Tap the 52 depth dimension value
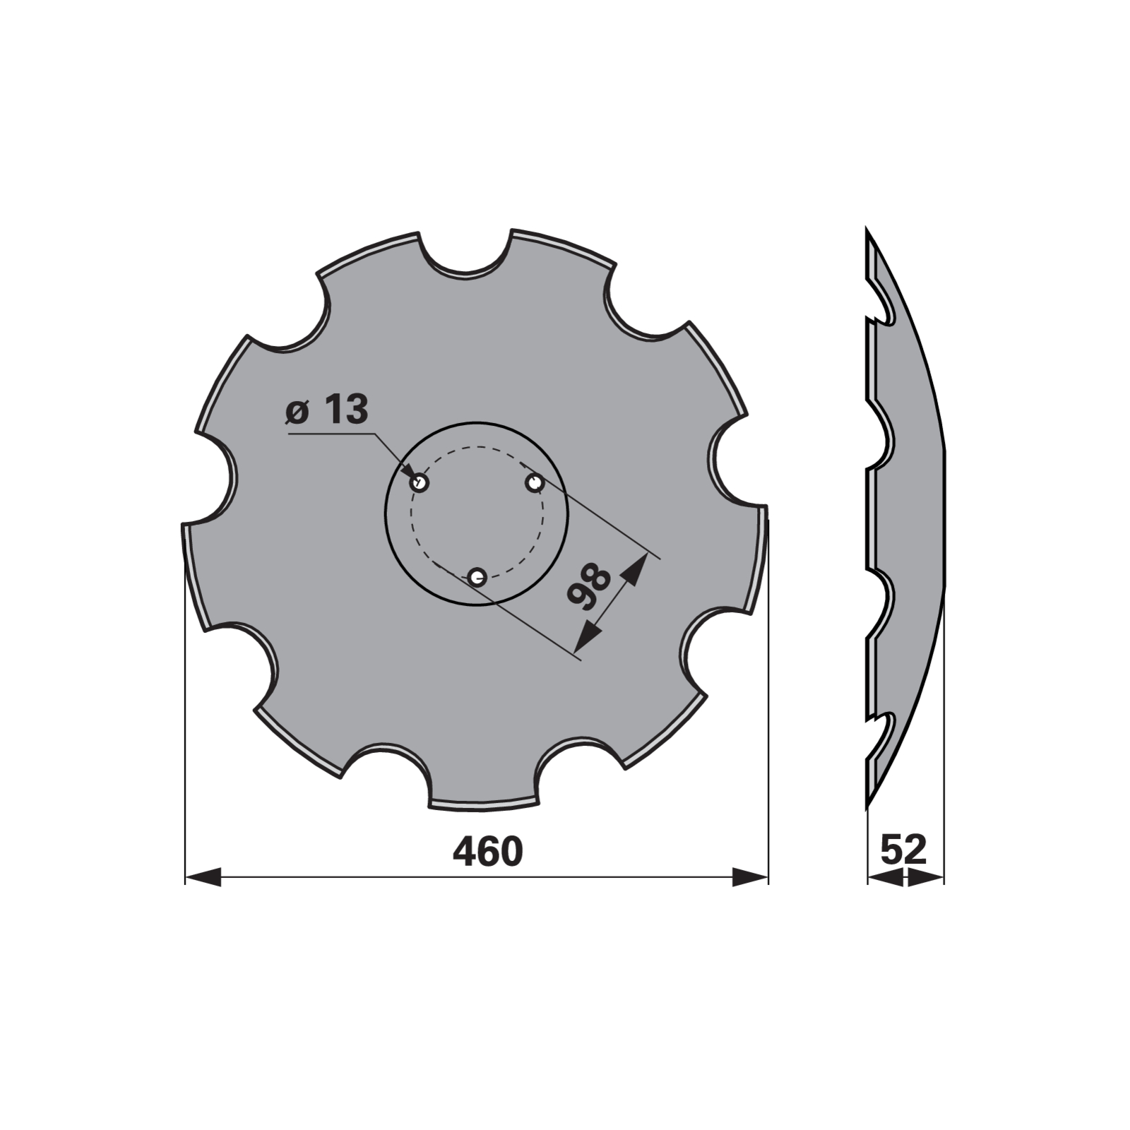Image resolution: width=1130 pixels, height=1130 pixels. (x=903, y=849)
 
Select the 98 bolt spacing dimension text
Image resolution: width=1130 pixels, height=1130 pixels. (x=590, y=587)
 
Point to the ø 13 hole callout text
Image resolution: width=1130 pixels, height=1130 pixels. (x=328, y=410)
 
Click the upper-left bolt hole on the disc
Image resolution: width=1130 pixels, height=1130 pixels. (x=420, y=483)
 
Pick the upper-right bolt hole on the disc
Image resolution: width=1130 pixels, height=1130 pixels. (x=534, y=483)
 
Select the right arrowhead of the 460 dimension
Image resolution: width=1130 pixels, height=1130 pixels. (x=749, y=877)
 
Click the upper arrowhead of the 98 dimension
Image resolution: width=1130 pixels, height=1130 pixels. (x=635, y=569)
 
